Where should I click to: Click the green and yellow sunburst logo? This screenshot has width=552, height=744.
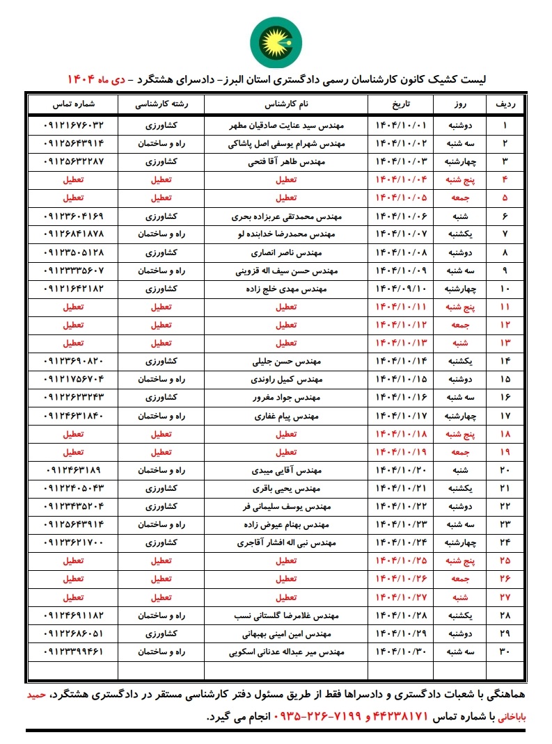pos(275,40)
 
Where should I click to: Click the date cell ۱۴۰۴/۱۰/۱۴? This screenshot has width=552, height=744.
pos(400,362)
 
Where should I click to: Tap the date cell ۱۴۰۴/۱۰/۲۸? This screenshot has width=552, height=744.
pos(400,615)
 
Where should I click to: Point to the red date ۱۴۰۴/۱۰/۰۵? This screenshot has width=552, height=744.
pos(400,197)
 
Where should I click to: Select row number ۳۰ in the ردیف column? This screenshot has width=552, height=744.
pos(505,652)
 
